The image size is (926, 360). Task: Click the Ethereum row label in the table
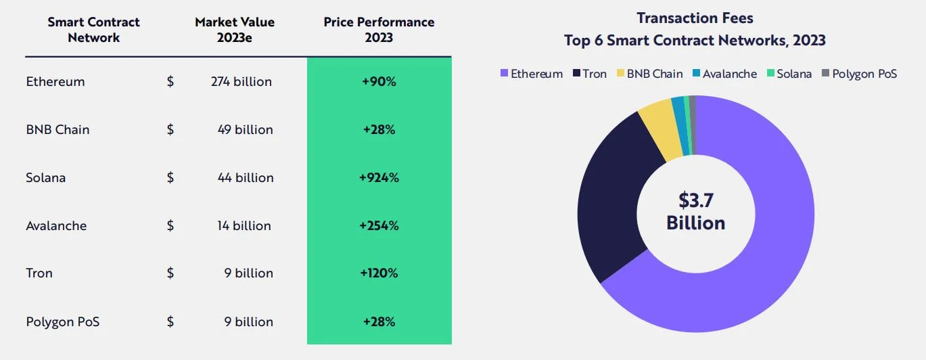click(55, 82)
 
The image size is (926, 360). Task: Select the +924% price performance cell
click(379, 178)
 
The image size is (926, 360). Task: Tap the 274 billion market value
click(241, 82)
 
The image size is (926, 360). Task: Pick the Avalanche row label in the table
click(56, 226)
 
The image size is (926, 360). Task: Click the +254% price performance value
click(379, 226)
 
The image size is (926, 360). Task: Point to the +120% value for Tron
click(379, 273)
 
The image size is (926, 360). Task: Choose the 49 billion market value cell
click(245, 130)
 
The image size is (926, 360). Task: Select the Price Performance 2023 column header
click(379, 30)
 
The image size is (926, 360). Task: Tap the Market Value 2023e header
click(235, 30)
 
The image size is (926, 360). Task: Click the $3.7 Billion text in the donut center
click(695, 212)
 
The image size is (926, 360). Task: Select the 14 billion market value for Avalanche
click(244, 226)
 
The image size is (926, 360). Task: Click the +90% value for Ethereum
click(379, 82)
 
